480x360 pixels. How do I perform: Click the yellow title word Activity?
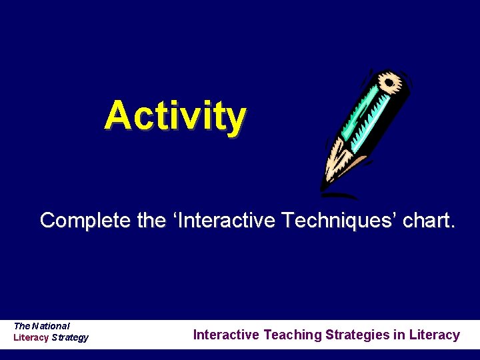point(175,115)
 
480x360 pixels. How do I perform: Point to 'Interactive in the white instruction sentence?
point(219,221)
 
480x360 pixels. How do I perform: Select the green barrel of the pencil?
point(363,120)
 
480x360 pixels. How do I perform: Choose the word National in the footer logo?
point(51,326)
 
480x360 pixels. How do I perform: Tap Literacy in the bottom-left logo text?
point(31,337)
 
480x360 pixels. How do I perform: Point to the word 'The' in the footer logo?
point(22,326)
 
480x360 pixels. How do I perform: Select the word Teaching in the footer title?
point(293,335)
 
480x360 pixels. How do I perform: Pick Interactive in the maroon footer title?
point(227,335)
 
